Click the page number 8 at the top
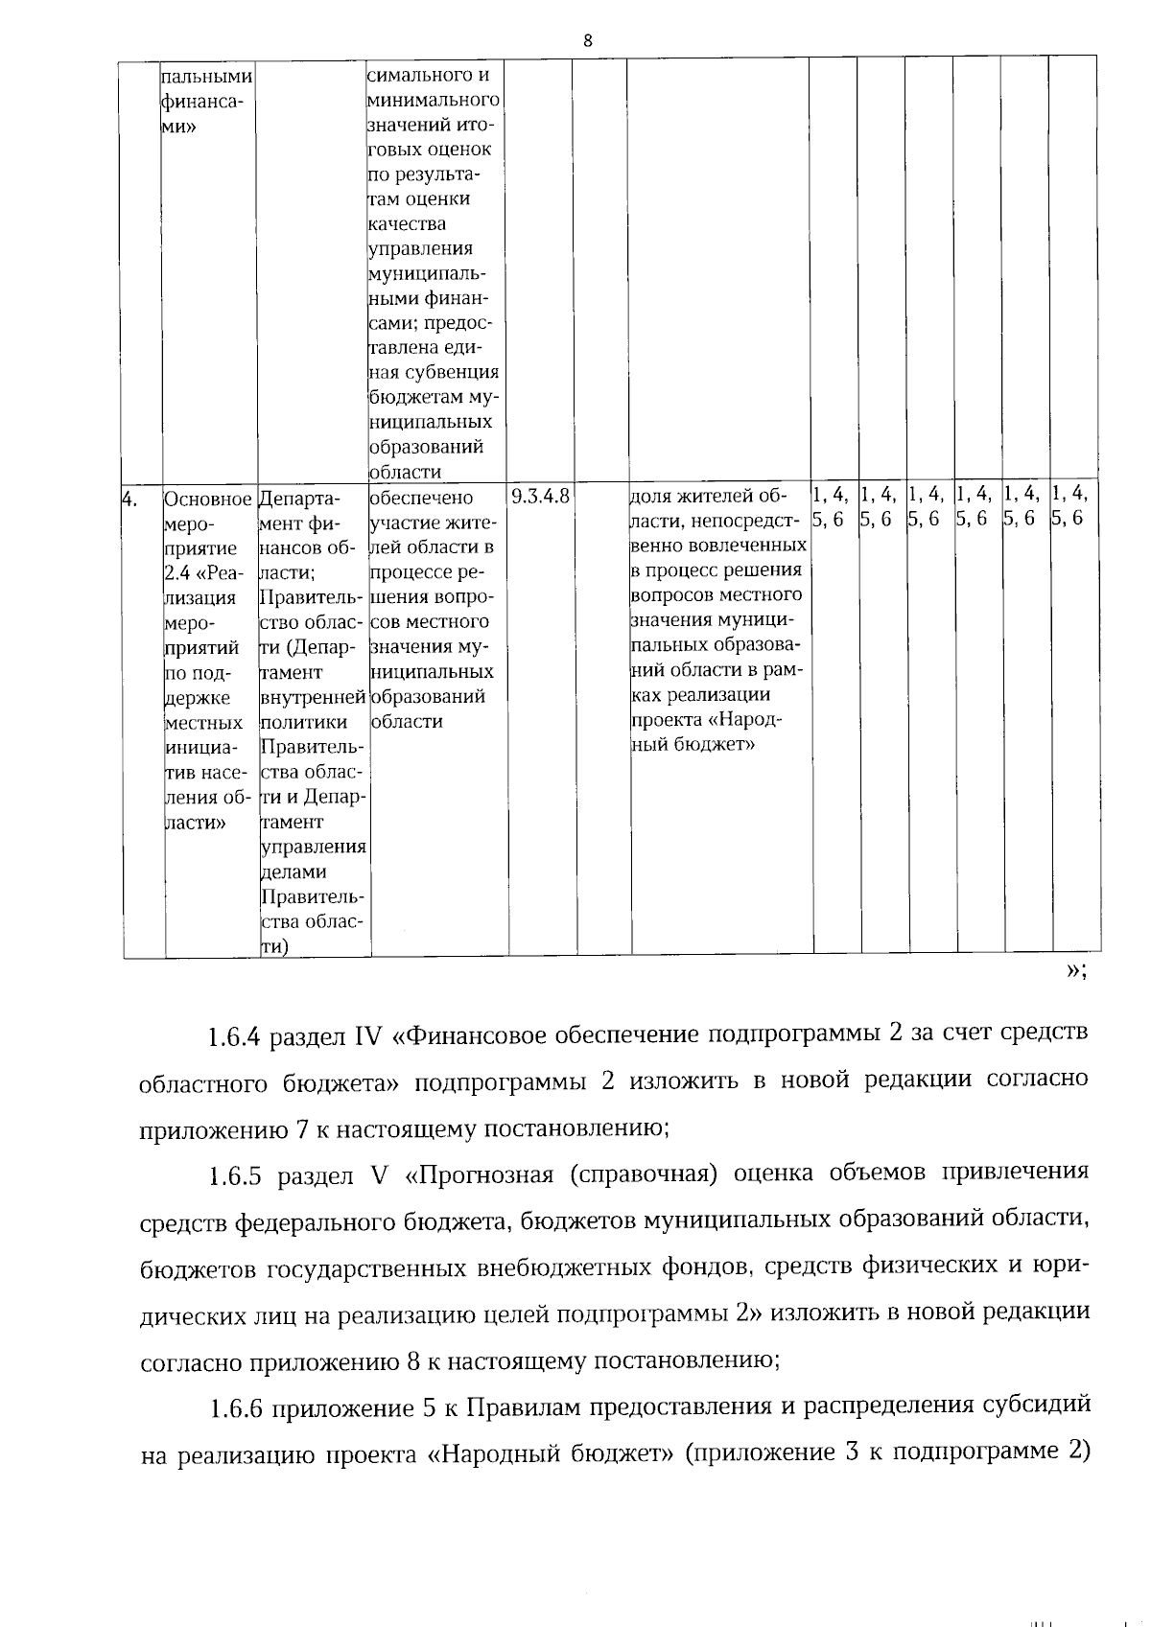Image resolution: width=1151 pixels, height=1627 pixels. coord(587,40)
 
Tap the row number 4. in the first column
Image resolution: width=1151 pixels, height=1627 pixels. coord(129,498)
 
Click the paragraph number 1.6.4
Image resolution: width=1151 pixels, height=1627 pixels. coord(236,1037)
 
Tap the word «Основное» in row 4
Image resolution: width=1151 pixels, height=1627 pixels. coord(208,499)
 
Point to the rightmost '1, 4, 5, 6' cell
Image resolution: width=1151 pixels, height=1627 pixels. coord(1070,506)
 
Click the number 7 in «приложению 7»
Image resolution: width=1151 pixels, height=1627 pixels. coord(301,1129)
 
